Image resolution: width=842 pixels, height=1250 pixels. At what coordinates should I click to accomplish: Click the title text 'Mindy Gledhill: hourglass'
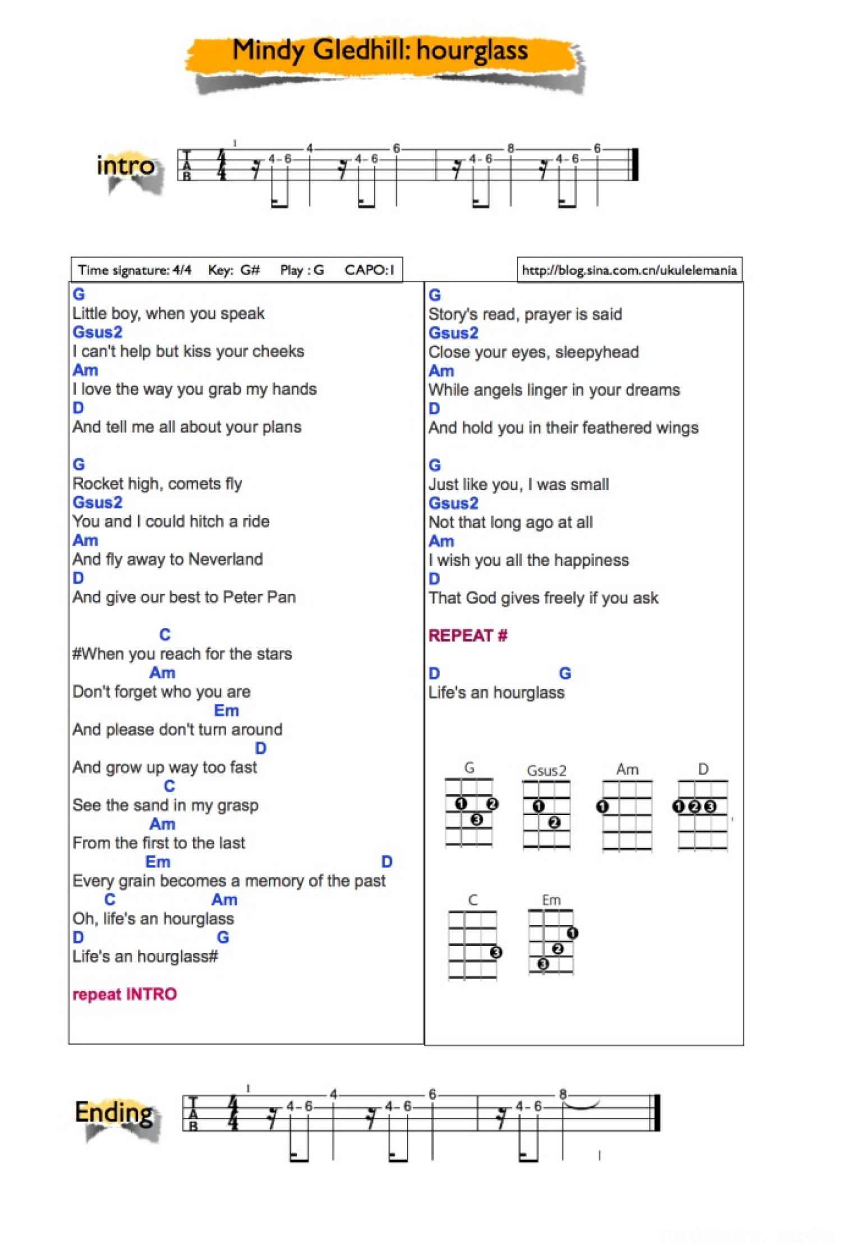tap(380, 51)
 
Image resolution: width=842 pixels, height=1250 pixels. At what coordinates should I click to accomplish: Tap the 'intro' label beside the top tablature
tap(125, 166)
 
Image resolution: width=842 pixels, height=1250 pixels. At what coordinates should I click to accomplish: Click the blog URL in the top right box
tap(629, 270)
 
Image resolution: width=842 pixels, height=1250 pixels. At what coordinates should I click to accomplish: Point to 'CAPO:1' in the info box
tap(369, 270)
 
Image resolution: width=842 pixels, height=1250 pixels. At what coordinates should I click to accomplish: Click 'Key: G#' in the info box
tap(234, 270)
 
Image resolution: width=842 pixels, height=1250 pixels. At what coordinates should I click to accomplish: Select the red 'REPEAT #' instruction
tap(468, 635)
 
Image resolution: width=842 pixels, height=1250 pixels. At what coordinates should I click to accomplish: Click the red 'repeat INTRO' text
tap(125, 994)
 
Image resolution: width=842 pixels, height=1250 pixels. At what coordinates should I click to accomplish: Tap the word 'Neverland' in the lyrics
tap(226, 559)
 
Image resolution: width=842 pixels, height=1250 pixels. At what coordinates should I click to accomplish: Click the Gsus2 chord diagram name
tap(546, 770)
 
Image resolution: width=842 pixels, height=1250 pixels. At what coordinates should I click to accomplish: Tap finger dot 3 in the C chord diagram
tap(496, 952)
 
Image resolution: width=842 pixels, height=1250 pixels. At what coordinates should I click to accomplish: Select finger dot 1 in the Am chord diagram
tap(603, 807)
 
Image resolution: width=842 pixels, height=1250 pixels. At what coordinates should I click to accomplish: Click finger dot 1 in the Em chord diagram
tap(572, 933)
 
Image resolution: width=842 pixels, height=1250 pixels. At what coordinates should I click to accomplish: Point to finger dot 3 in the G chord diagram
tap(477, 819)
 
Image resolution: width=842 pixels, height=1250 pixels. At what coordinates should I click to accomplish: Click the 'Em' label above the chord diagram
tap(551, 900)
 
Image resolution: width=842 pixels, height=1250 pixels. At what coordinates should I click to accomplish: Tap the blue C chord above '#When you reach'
tap(165, 634)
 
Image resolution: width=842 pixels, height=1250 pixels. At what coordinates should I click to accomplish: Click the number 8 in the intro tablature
tap(510, 149)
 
